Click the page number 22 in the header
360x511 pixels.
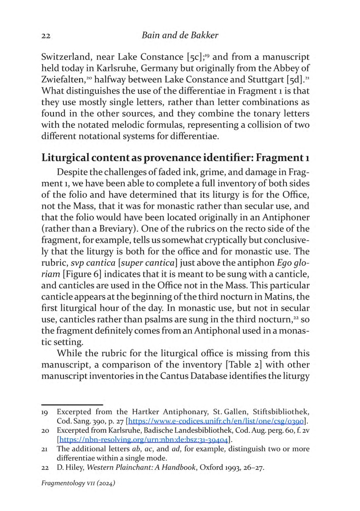point(46,36)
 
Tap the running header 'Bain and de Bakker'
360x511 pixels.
point(180,35)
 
